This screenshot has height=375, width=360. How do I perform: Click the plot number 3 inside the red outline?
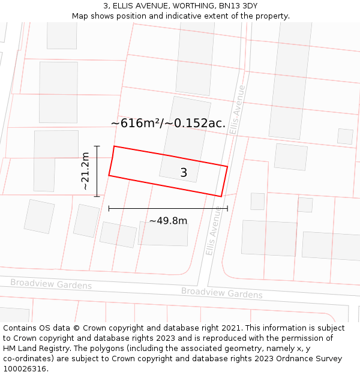pyautogui.click(x=184, y=173)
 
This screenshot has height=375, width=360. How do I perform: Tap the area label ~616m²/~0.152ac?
pyautogui.click(x=168, y=123)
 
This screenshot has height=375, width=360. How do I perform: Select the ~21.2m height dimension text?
pyautogui.click(x=85, y=171)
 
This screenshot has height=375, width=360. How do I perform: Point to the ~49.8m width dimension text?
pyautogui.click(x=168, y=221)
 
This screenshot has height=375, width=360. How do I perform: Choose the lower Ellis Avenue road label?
pyautogui.click(x=214, y=230)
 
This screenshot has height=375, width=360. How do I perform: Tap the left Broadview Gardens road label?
pyautogui.click(x=51, y=283)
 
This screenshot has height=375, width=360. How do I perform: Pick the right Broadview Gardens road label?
pyautogui.click(x=222, y=292)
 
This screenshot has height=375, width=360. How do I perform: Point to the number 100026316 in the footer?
pyautogui.click(x=26, y=368)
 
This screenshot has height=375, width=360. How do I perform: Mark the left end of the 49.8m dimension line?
pyautogui.click(x=109, y=208)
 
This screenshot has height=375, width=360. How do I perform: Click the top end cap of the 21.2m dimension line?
pyautogui.click(x=97, y=146)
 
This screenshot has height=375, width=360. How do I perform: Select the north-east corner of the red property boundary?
pyautogui.click(x=227, y=166)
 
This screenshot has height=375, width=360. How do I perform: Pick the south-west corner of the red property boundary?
pyautogui.click(x=109, y=175)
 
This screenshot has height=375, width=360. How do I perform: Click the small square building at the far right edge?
pyautogui.click(x=345, y=136)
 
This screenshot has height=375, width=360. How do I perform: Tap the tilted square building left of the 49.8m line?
pyautogui.click(x=40, y=216)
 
